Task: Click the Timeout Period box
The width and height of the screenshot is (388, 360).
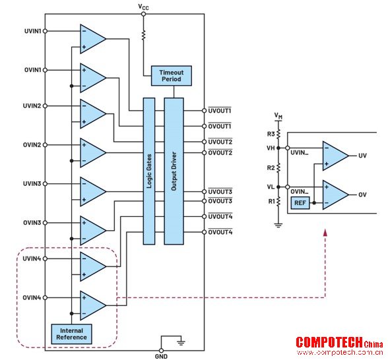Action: tap(172, 76)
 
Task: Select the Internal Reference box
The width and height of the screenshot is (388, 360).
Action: tap(71, 334)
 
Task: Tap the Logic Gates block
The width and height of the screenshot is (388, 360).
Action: tap(149, 171)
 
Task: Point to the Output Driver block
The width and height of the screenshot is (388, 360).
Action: tap(174, 171)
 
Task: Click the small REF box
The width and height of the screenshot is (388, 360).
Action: tap(300, 203)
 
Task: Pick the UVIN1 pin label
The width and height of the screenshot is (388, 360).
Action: tap(32, 31)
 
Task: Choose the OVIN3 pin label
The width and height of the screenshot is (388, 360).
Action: tap(32, 223)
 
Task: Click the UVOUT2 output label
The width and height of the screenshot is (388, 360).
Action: tap(220, 142)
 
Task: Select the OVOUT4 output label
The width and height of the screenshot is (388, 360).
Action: tap(220, 232)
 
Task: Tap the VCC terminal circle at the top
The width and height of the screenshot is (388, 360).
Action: tap(143, 14)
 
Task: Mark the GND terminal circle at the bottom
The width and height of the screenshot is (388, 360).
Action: tap(161, 351)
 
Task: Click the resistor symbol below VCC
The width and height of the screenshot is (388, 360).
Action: tap(143, 35)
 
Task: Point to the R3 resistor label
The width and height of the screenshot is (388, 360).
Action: tap(271, 134)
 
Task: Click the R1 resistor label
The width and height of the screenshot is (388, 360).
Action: tap(272, 202)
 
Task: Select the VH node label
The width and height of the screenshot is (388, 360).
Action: tap(271, 148)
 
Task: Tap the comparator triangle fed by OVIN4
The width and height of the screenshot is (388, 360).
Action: tap(93, 305)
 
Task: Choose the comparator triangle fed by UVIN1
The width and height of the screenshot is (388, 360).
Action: tap(93, 39)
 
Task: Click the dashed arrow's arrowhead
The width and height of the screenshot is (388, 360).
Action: tap(325, 233)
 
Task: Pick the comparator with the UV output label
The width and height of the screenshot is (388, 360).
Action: tap(335, 156)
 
